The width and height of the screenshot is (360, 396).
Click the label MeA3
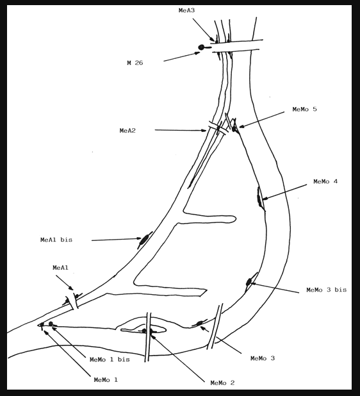pyautogui.click(x=186, y=11)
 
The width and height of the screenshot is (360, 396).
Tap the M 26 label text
pyautogui.click(x=135, y=63)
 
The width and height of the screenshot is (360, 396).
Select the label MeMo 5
pyautogui.click(x=304, y=110)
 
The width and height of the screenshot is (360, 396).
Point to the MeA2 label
pyautogui.click(x=127, y=131)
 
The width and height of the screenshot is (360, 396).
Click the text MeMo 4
pyautogui.click(x=325, y=181)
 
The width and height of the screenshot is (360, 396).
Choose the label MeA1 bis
pyautogui.click(x=56, y=240)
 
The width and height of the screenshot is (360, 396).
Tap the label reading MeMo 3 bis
pyautogui.click(x=327, y=290)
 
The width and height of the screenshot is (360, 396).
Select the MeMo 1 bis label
pyautogui.click(x=110, y=359)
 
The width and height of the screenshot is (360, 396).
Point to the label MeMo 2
pyautogui.click(x=222, y=383)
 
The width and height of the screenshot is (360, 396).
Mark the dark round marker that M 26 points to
pyautogui.click(x=201, y=47)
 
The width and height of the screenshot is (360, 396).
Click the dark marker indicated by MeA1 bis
pyautogui.click(x=145, y=240)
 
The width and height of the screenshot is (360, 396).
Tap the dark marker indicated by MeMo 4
pyautogui.click(x=259, y=199)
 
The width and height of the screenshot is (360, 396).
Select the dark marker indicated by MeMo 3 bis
pyautogui.click(x=249, y=281)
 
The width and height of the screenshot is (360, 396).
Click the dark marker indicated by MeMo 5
pyautogui.click(x=234, y=129)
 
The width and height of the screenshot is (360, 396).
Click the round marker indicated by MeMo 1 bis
pyautogui.click(x=51, y=324)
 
